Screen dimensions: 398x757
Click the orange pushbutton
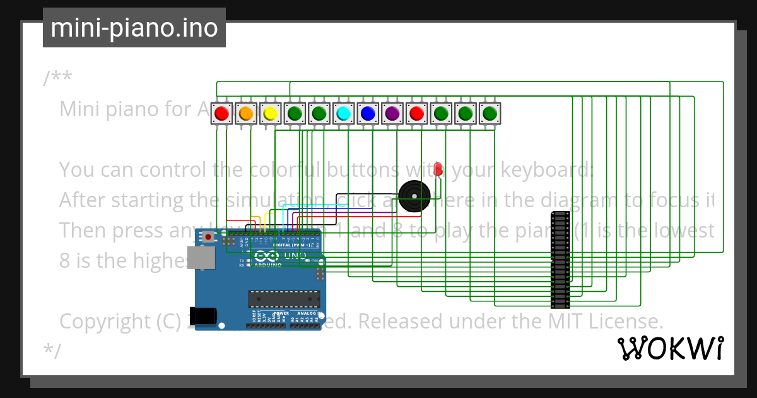(246, 114)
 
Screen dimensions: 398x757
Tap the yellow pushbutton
(270, 114)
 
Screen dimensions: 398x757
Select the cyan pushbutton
(343, 114)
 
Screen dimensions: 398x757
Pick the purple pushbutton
(392, 114)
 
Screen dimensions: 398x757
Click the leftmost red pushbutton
(221, 114)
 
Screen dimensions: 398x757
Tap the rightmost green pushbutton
(490, 114)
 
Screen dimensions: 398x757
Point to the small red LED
(438, 169)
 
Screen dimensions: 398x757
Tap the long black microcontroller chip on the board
(283, 299)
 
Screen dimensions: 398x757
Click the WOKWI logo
(670, 349)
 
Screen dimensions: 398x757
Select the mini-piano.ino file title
(134, 28)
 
